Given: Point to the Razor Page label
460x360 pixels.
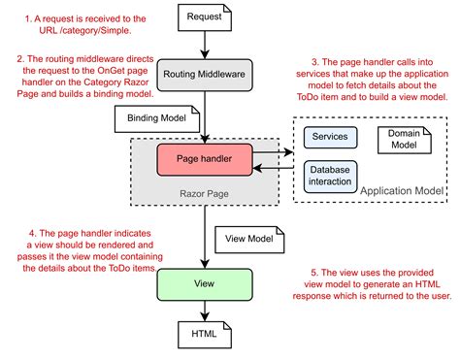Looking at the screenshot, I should (204, 191).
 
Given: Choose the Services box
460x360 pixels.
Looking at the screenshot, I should (331, 137).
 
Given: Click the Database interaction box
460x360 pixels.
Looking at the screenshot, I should (331, 175).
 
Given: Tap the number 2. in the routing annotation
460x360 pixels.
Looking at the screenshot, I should (20, 58).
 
